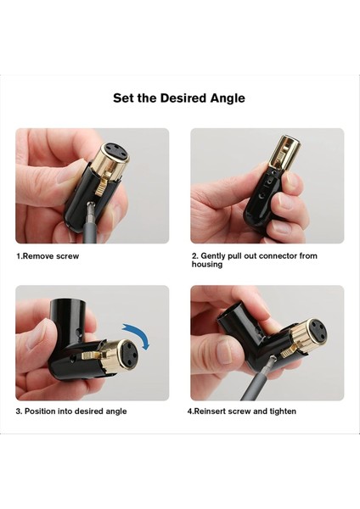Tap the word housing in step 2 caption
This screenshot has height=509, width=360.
coord(206,265)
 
